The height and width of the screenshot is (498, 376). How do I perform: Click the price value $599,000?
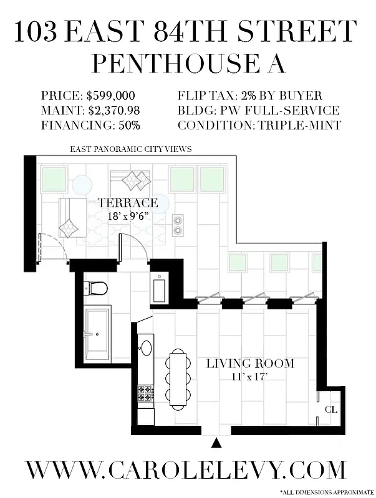point(110,96)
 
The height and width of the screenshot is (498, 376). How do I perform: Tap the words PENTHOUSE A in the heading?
point(187,64)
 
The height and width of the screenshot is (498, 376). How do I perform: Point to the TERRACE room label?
point(128,203)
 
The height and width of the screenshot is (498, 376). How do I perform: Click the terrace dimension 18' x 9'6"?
point(128,216)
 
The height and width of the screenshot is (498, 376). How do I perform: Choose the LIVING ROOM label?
point(250,364)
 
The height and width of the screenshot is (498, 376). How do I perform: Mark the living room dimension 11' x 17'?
point(250,376)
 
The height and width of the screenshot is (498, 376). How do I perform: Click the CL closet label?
point(330,410)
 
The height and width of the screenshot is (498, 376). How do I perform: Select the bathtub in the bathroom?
point(98,333)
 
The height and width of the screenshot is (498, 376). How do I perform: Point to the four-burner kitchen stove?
point(146,393)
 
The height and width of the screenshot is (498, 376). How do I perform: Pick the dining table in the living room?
point(178,378)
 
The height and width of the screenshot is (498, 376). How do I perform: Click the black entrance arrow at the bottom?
point(217,443)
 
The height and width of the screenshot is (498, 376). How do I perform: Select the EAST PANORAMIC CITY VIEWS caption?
point(130,149)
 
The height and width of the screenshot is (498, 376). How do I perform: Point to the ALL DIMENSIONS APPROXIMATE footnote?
point(327,492)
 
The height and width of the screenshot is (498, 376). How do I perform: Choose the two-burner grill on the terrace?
point(178,225)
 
